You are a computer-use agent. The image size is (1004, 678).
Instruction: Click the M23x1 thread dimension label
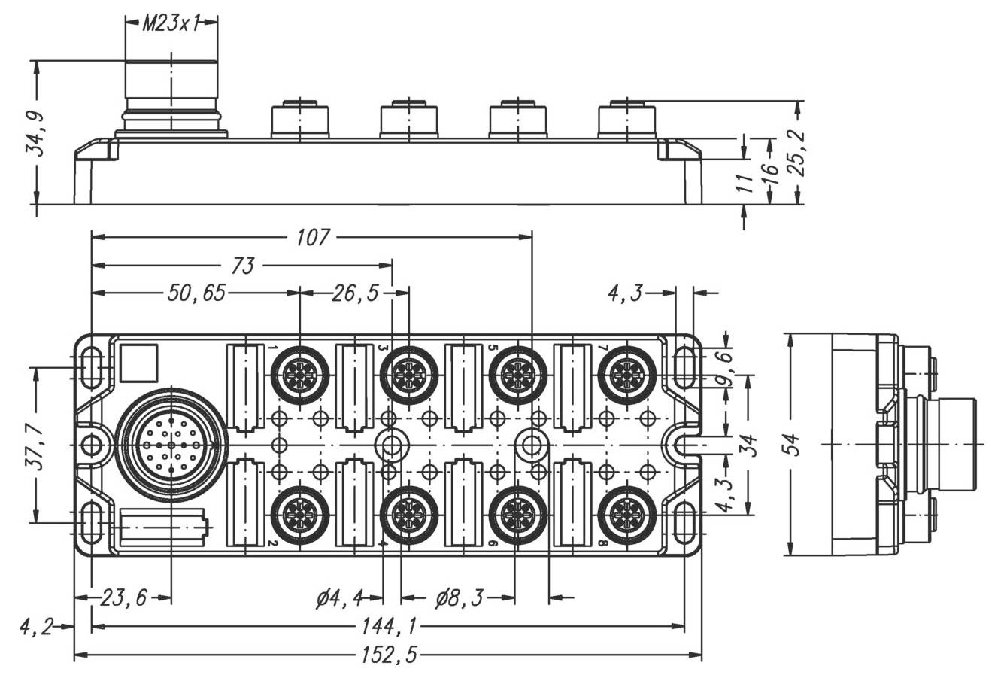171,23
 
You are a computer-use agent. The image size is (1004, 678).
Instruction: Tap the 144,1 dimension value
387,625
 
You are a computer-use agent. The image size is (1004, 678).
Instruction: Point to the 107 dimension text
312,237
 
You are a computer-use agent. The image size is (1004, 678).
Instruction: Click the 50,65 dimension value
196,293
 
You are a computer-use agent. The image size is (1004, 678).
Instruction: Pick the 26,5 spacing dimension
355,293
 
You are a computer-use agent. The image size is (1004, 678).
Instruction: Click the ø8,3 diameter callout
459,598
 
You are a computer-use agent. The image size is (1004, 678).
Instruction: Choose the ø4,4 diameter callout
339,598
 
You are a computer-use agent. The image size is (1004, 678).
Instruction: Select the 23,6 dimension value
124,598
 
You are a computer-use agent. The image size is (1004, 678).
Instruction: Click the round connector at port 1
299,372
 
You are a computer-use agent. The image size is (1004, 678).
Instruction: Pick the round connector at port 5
518,372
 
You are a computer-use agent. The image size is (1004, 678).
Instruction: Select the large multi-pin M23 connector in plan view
171,445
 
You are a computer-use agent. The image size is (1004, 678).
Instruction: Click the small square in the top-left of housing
139,363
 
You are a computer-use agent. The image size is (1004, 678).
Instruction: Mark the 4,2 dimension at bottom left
35,625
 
